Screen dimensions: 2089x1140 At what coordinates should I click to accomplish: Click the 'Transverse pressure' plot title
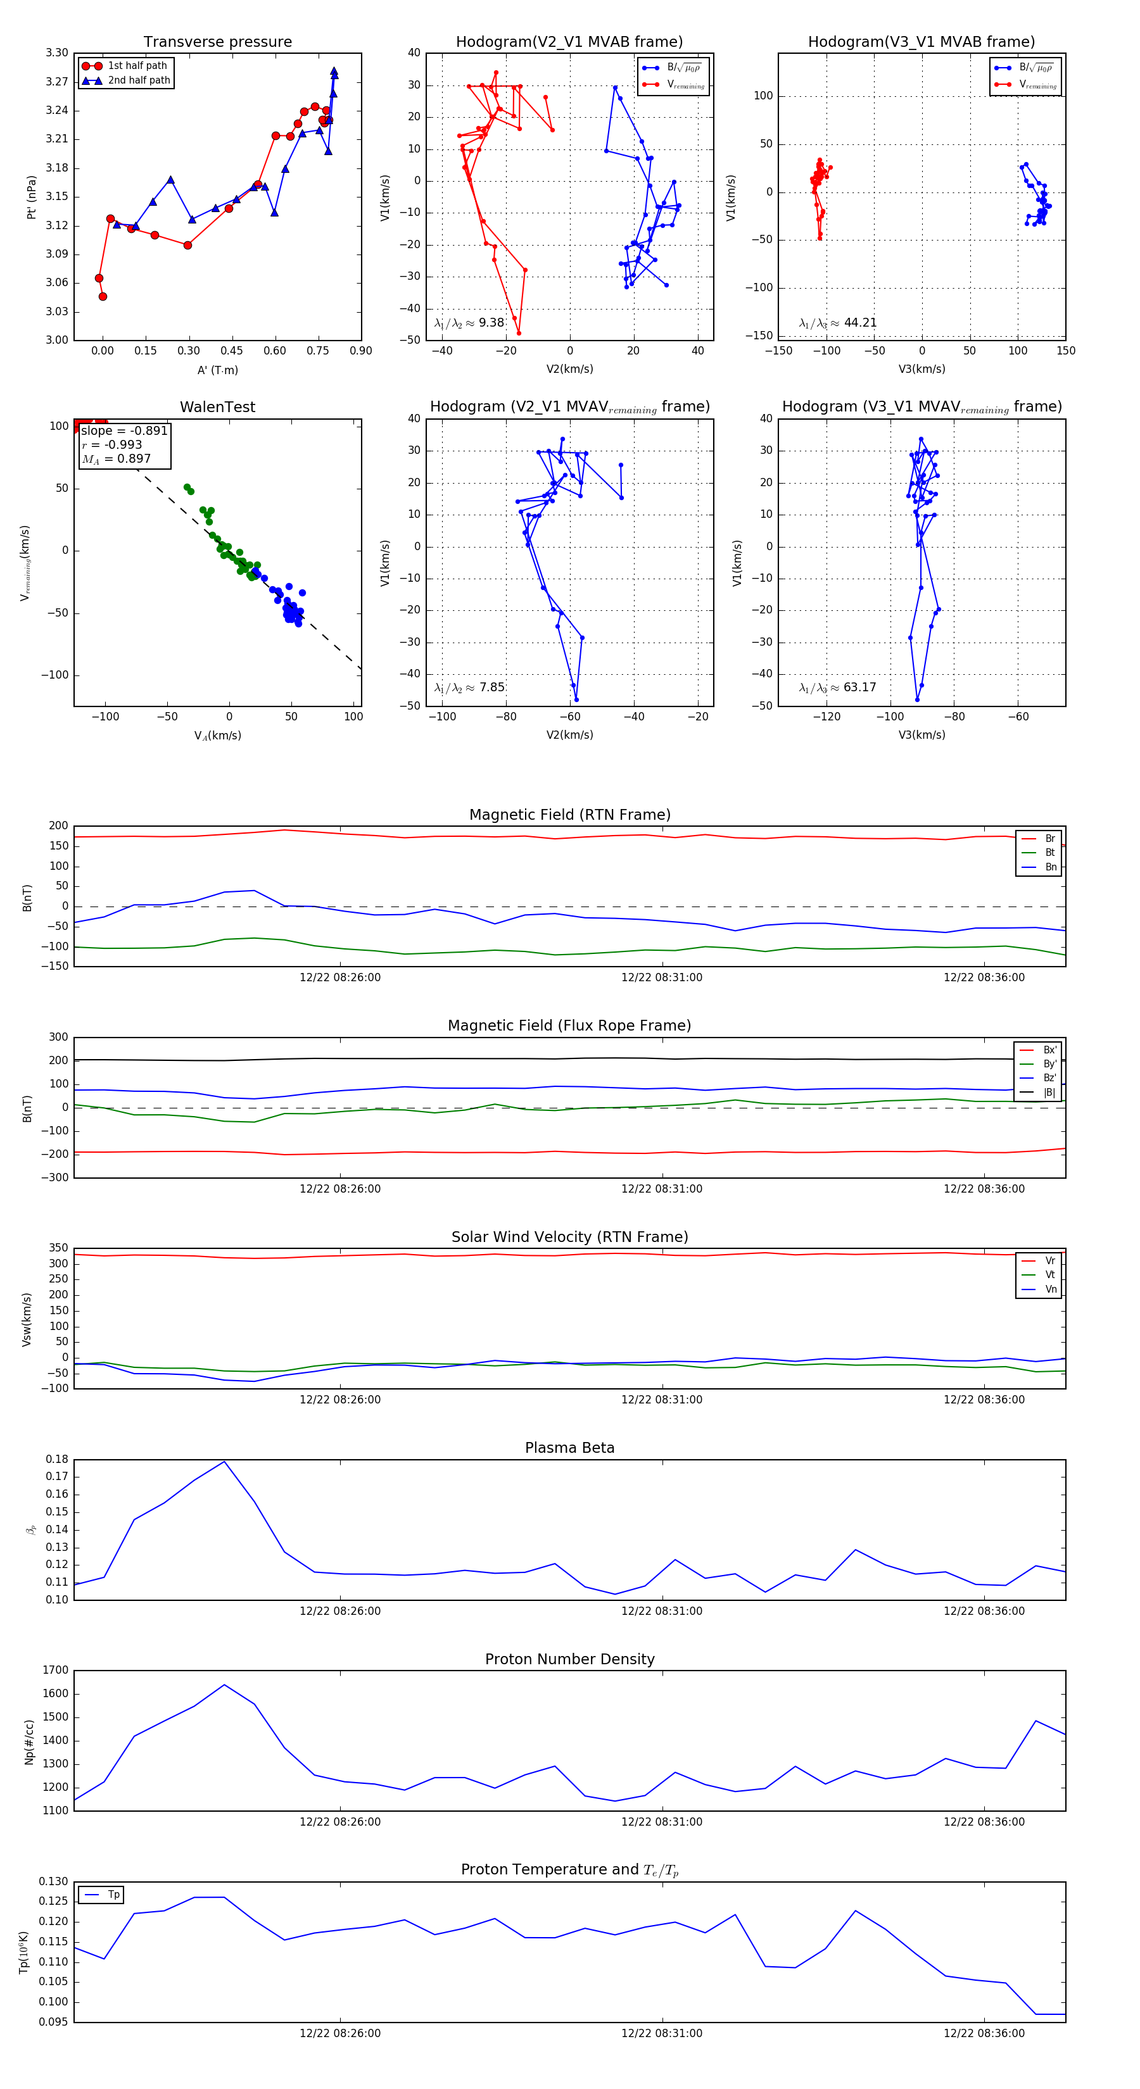(217, 42)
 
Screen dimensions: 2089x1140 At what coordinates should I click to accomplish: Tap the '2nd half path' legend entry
(139, 80)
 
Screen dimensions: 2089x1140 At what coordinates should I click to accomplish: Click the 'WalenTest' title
(217, 407)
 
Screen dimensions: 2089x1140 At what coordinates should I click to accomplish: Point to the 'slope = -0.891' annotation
(124, 430)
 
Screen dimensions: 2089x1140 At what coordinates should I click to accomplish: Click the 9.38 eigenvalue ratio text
(469, 323)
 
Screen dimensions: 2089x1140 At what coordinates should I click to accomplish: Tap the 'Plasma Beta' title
(569, 1448)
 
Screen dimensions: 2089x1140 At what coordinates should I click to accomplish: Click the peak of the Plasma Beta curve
(225, 1461)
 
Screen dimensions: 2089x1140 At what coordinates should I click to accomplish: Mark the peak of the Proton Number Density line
(225, 1684)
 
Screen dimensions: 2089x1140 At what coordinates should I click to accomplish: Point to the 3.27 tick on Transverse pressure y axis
(57, 82)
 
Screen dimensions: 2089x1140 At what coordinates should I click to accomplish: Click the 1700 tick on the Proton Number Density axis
(56, 1670)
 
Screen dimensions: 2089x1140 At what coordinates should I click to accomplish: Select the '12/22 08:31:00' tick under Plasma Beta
(662, 1610)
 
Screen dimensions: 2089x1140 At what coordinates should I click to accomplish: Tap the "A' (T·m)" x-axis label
(217, 370)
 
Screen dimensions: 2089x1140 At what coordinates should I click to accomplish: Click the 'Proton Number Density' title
(569, 1659)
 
